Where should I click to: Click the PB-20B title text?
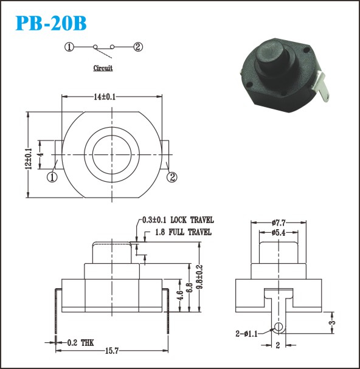coord(51,23)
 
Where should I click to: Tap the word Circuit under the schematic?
coord(103,68)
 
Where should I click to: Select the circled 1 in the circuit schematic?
coord(69,47)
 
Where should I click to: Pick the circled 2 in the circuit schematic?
coord(138,47)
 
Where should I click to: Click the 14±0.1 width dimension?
coord(105,97)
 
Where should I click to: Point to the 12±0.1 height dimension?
coord(29,159)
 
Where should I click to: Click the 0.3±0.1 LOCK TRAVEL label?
coord(178,220)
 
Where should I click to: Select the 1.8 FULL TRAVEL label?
coord(183,232)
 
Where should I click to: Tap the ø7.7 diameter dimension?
coord(279,222)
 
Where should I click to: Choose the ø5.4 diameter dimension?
coord(279,233)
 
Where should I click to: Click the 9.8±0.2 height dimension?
coord(199,277)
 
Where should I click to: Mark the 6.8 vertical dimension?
coord(190,288)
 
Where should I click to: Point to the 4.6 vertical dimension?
coord(180,295)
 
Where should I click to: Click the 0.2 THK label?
coord(80,343)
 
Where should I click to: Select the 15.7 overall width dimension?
coord(112,351)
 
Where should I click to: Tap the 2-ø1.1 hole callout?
coord(246,334)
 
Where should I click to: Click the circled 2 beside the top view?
coord(172,177)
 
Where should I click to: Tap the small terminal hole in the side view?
coord(279,326)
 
